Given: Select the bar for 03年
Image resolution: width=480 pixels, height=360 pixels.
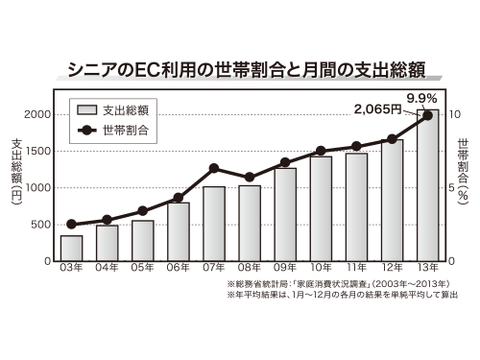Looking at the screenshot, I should (71, 248).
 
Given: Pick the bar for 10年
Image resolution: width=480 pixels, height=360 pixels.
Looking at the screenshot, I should (321, 208).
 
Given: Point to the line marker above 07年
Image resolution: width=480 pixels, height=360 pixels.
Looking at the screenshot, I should (214, 169).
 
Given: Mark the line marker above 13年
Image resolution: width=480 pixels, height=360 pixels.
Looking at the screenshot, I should (428, 115).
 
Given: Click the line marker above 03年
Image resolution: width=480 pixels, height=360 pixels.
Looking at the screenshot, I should (71, 224).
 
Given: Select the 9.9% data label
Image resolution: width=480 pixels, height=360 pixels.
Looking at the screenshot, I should (422, 98).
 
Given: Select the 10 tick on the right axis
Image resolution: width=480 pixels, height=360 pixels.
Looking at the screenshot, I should (456, 114).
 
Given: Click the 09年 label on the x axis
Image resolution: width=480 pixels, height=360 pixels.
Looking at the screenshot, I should (285, 269).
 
